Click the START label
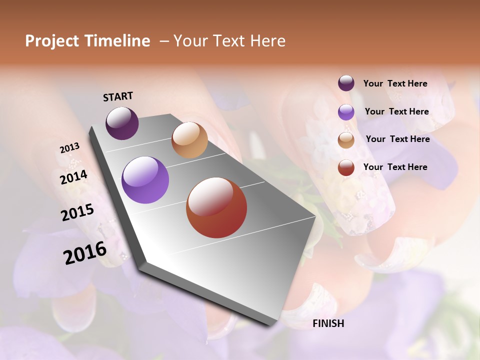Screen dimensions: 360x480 pos(118,96)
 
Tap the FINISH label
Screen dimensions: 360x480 pos(328,323)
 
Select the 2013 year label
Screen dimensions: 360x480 pos(70,148)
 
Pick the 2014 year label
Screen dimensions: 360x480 pos(74,177)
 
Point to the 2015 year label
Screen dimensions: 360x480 pos(77,212)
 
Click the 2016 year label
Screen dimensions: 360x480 pos(85,253)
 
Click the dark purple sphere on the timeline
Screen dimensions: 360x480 pos(122,123)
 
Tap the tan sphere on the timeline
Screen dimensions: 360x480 pos(189,140)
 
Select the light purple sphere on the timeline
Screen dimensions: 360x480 pos(145,180)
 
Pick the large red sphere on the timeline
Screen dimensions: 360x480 pos(216,208)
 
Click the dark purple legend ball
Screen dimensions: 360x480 pos(346,83)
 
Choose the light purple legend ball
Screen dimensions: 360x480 pos(346,112)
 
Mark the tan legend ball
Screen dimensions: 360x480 pos(346,139)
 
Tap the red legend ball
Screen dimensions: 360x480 pos(346,167)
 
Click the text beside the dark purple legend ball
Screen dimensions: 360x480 pos(395,84)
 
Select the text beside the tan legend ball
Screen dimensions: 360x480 pos(397,139)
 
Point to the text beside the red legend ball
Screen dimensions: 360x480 pos(395,167)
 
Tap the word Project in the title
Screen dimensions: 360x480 pos(51,41)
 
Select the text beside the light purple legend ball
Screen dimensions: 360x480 pos(397,111)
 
